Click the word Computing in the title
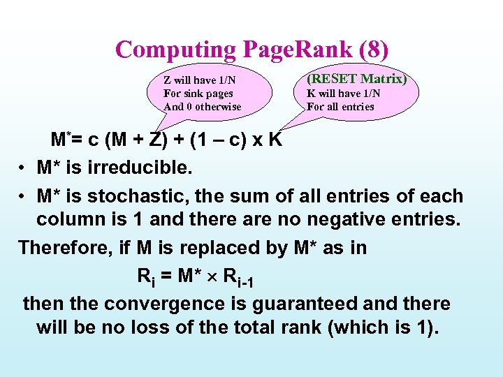pos(177,50)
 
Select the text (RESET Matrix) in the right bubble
pos(357,79)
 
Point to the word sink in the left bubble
pos(196,94)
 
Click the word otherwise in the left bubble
pos(218,107)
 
